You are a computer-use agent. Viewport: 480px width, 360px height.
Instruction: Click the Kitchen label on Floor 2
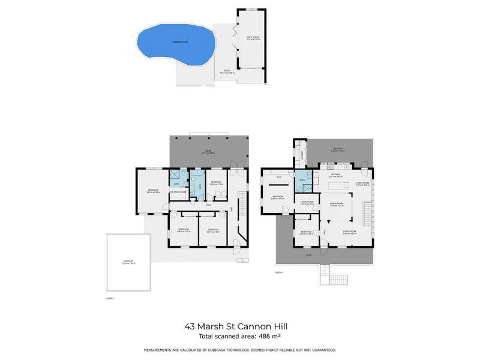(335, 175)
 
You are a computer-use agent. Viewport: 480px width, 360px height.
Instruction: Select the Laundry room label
(302, 156)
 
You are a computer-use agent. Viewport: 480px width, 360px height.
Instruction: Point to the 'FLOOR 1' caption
(109, 298)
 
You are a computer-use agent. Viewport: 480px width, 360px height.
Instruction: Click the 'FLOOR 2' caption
(278, 272)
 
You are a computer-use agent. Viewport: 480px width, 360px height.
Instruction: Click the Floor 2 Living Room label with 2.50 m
(308, 203)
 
